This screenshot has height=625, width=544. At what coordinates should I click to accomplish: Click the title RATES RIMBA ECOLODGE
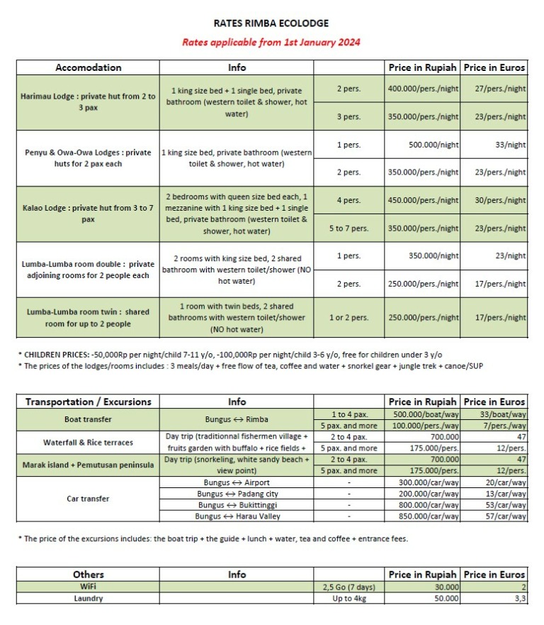coord(271,23)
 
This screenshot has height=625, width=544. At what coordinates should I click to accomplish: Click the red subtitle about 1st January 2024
coord(271,42)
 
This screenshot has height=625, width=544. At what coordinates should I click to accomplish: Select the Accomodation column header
coord(89,67)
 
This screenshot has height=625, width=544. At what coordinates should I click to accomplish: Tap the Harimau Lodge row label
coord(89,102)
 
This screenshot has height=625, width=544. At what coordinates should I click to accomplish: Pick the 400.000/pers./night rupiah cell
coord(423,89)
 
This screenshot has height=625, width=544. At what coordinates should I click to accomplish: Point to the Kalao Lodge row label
coord(89,214)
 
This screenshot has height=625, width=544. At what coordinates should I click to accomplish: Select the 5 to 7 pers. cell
coord(348,228)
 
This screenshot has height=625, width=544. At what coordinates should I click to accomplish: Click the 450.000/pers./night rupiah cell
coord(423,200)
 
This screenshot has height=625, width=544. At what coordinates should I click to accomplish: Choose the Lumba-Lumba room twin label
coord(89,318)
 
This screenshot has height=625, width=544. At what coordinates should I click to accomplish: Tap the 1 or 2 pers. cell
coord(348,318)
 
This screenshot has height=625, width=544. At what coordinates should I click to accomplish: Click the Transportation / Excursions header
coord(89,402)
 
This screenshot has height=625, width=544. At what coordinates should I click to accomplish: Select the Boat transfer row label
coord(89,419)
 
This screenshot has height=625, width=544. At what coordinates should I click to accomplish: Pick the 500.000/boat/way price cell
coord(423,414)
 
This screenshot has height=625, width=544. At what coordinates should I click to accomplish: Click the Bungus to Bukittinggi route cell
coord(237,505)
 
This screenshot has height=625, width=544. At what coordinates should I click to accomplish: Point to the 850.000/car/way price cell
coord(423,516)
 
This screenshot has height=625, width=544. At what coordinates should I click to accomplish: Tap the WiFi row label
coord(89,587)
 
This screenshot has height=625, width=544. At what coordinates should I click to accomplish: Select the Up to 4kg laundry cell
coord(348,598)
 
